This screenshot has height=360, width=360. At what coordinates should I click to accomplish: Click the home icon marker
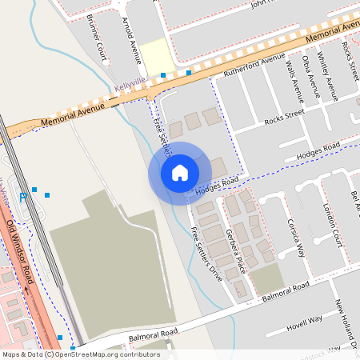179,172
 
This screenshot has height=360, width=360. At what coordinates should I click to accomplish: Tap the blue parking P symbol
22,195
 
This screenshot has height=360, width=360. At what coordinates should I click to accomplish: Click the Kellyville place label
130,82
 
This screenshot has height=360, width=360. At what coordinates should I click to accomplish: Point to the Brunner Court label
96,47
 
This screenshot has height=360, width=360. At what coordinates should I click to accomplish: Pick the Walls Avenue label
292,79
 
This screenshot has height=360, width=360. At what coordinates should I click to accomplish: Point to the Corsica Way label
296,238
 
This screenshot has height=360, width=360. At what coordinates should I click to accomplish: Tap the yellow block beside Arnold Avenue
158,56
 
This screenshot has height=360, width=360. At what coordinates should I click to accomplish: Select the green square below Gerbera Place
267,278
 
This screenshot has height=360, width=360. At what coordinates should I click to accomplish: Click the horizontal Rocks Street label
284,118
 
